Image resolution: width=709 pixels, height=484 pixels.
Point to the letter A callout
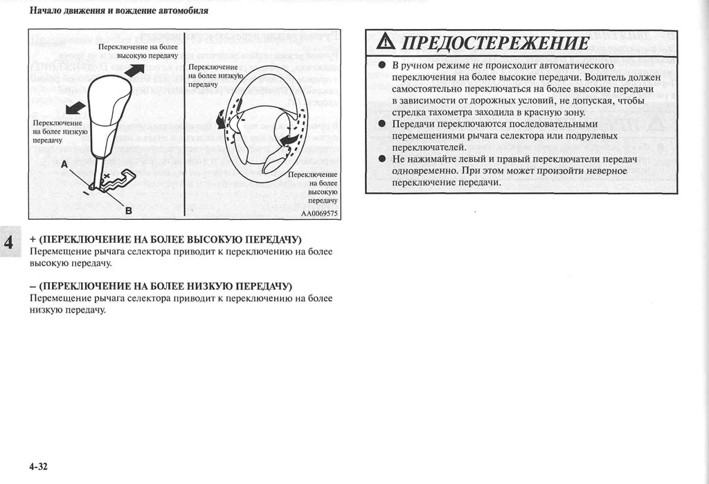coord(64,165)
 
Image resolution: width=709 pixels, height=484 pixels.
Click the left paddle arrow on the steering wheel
coord(222,120)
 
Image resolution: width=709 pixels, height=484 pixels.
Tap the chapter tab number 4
coord(9,243)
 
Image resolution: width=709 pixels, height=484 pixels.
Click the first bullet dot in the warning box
coord(381,66)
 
